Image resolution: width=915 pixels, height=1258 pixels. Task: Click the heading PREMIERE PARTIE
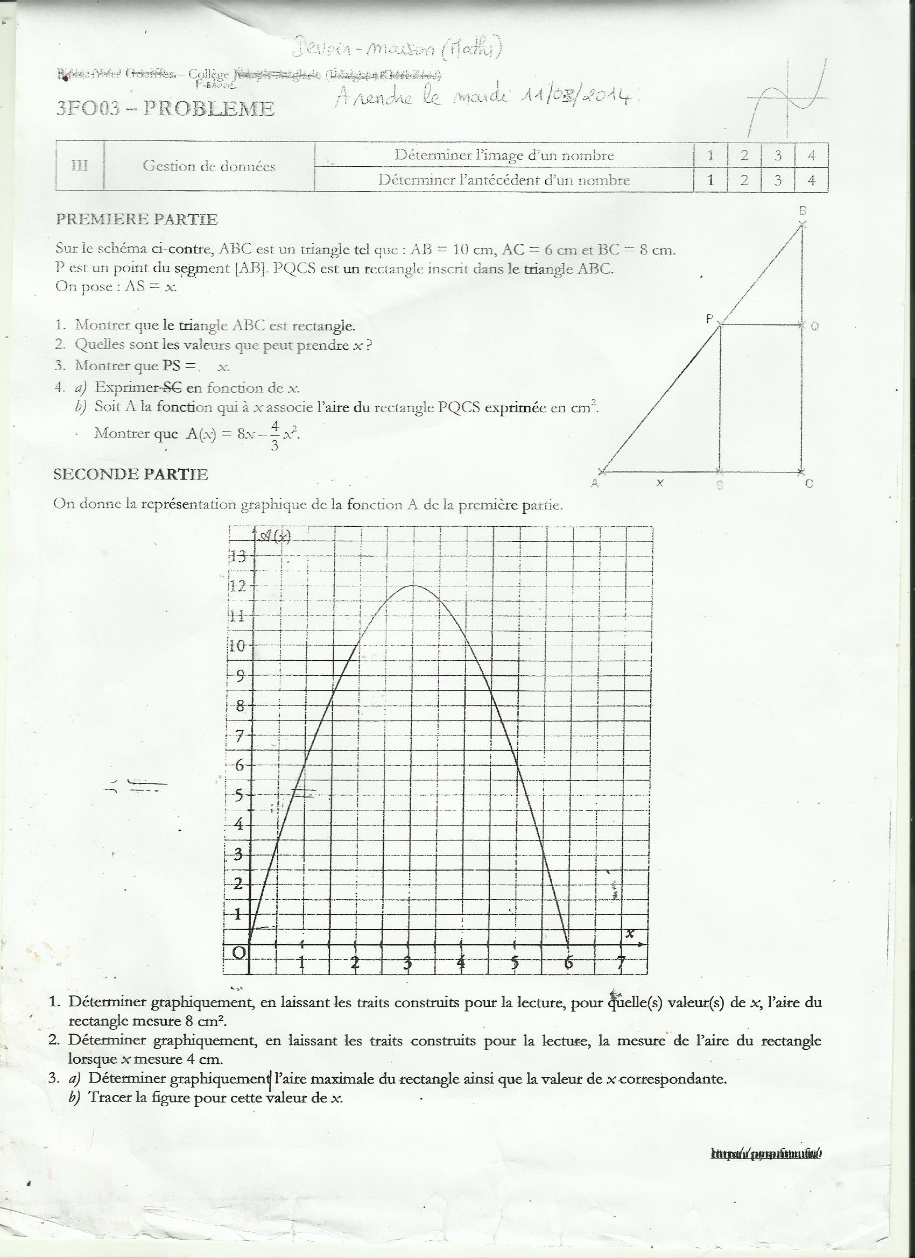click(x=137, y=219)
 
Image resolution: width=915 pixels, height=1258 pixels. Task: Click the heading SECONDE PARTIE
click(x=130, y=474)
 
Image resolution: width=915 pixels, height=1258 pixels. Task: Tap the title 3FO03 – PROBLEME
click(x=165, y=108)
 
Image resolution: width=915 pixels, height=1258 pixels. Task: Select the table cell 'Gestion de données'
click(x=209, y=166)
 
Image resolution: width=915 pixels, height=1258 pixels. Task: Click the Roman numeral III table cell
click(x=80, y=165)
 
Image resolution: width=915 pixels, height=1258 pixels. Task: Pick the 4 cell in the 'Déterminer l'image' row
click(x=811, y=156)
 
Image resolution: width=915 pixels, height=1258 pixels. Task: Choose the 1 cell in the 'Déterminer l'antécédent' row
click(x=710, y=180)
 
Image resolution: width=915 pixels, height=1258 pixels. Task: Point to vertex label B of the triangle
click(x=802, y=211)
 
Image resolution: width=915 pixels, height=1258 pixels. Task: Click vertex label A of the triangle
click(x=595, y=483)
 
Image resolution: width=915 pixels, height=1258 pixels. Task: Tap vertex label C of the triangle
click(x=809, y=484)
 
